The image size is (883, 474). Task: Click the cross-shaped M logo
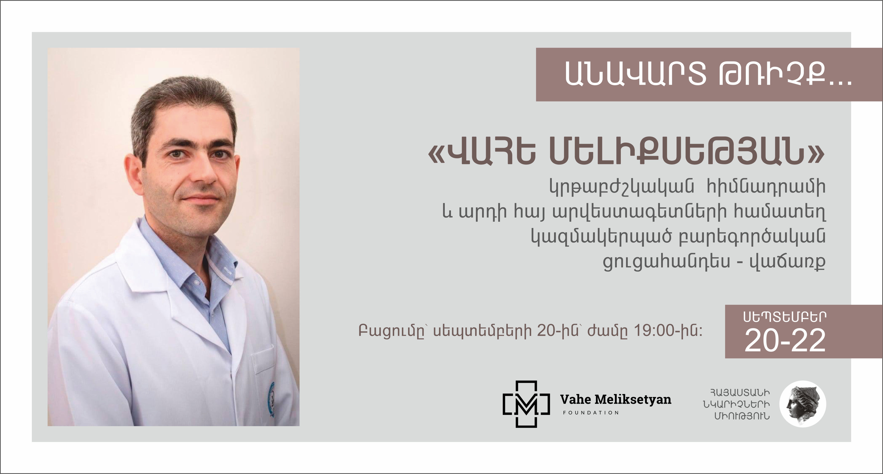click(x=526, y=404)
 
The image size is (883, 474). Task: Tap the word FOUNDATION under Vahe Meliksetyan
click(x=591, y=413)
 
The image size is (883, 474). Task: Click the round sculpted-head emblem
click(x=803, y=404)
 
